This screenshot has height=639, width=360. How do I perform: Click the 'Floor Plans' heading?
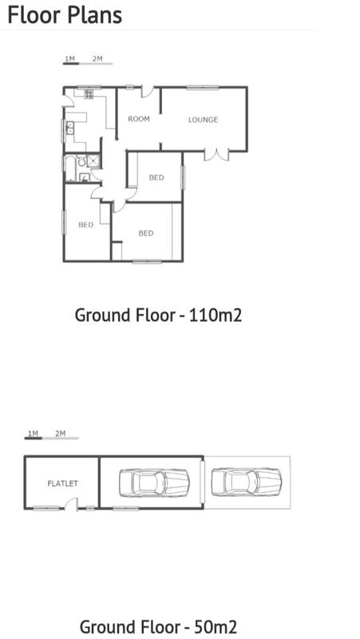(x=65, y=14)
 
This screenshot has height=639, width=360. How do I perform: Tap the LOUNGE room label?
(x=203, y=120)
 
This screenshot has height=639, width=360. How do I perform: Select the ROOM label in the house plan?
(x=139, y=119)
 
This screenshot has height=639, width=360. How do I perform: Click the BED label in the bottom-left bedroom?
(x=85, y=225)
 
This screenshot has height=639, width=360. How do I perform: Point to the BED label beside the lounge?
(x=156, y=177)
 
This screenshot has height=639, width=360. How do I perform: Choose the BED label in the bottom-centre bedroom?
(x=145, y=233)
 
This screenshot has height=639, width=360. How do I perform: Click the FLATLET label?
(x=62, y=483)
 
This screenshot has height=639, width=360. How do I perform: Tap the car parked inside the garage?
(x=153, y=482)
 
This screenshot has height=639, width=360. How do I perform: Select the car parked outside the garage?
(x=247, y=482)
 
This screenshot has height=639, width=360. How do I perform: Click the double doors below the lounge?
(x=216, y=153)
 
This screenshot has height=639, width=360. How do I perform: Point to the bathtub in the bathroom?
(x=71, y=169)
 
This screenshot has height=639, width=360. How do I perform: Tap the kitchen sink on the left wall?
(x=69, y=129)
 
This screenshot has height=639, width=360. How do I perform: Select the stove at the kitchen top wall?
(x=87, y=94)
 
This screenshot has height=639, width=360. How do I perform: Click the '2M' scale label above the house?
(x=97, y=58)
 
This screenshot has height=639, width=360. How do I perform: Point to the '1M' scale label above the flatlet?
(x=33, y=434)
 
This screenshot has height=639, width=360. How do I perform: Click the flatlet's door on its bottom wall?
(x=73, y=505)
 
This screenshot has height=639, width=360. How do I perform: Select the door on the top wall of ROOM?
(x=147, y=91)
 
